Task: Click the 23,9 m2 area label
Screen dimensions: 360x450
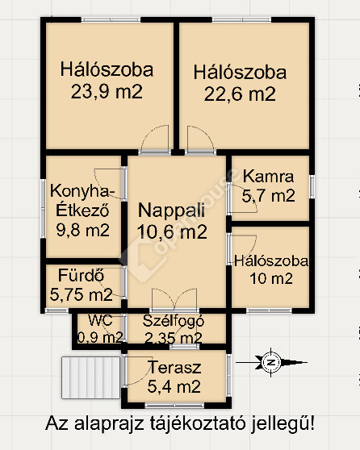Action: (107, 92)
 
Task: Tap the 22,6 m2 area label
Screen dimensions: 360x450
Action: (240, 94)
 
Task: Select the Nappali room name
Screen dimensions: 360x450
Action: (171, 210)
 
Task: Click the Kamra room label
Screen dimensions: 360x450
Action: (268, 177)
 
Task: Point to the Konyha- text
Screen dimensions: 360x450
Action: (80, 191)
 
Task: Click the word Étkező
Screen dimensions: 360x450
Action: (82, 210)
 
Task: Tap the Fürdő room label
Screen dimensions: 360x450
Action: (81, 275)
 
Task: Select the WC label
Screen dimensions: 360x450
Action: (100, 320)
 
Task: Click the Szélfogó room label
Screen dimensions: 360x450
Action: (174, 321)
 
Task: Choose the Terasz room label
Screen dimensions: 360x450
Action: (174, 368)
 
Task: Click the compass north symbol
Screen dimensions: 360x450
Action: (270, 362)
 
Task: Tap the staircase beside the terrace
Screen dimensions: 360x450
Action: (90, 377)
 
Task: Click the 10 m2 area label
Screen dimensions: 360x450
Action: (271, 278)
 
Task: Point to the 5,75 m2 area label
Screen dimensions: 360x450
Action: (82, 294)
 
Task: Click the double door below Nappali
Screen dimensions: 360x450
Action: (174, 300)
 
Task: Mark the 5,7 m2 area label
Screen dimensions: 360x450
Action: (268, 196)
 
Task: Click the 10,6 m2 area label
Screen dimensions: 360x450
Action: (172, 231)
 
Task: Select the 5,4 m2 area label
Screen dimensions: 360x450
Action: (174, 386)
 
